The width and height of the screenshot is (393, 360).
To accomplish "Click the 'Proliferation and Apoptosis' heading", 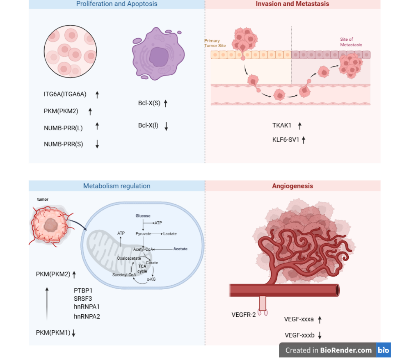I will click(117, 4).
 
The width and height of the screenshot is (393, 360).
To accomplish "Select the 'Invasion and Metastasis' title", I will click(292, 4).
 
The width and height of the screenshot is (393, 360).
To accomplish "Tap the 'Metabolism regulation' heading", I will click(117, 186).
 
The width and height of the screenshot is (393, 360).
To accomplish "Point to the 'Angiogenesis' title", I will click(292, 186).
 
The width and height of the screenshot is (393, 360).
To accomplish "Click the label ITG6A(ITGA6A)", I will click(65, 95).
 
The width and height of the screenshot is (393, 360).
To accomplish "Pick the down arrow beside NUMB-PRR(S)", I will click(97, 144).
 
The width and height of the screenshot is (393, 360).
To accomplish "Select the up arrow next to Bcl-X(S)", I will click(165, 104).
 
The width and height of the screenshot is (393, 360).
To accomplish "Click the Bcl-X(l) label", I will click(148, 125).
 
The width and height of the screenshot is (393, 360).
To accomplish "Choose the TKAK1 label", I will click(282, 125).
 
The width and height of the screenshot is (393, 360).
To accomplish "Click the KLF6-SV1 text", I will click(286, 140).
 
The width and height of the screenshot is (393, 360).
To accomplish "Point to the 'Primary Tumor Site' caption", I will click(212, 43).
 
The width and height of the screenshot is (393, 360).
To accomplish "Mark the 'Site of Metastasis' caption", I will click(351, 42).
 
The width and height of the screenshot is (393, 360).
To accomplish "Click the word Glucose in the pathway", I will click(143, 216).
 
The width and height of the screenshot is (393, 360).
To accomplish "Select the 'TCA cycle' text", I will click(142, 269).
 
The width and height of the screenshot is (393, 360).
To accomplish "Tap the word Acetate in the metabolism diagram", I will click(180, 249).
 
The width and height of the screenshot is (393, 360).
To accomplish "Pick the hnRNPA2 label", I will click(87, 316).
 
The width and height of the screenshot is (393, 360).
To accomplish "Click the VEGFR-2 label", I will click(243, 315).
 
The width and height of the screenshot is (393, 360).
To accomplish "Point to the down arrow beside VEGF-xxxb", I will click(320, 335).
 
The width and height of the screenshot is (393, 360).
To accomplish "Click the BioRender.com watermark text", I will click(346, 350).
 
